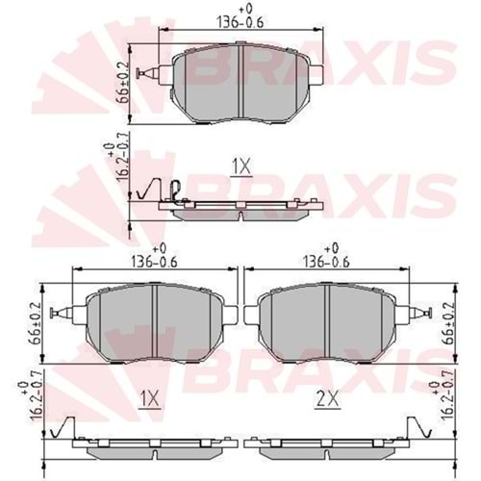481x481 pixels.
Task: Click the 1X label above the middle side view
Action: click(x=240, y=166)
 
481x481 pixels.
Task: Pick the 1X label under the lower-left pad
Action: click(x=151, y=396)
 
